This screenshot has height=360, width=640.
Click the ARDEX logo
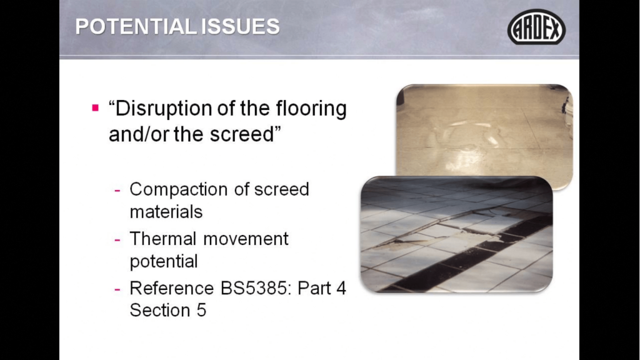click(536, 27)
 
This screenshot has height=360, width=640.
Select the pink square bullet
click(96, 108)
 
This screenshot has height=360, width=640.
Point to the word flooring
click(311, 109)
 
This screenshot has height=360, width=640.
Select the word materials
click(166, 212)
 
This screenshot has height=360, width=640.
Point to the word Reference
click(172, 288)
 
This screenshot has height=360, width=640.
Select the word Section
click(160, 310)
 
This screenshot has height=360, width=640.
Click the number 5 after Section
click(202, 310)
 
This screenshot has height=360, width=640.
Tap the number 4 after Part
click(341, 288)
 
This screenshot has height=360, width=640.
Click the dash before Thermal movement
click(117, 239)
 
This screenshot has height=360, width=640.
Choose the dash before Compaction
click(117, 190)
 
